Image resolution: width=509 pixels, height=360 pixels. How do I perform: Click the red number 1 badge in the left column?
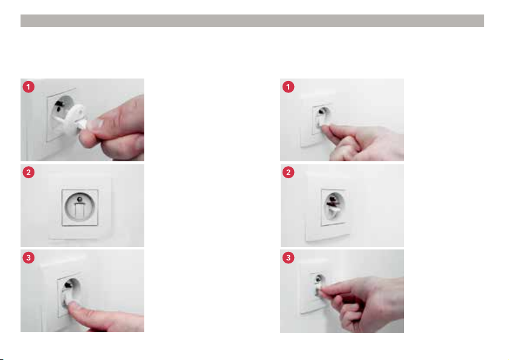28,86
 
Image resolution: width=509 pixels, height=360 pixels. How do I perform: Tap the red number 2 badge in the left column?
28,172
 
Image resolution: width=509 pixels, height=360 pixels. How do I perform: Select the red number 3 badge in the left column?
28,257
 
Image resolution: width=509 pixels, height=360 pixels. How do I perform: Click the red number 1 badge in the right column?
288,86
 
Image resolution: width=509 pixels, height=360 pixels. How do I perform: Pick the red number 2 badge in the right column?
288,172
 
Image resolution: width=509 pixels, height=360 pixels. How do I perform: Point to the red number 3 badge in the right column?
288,257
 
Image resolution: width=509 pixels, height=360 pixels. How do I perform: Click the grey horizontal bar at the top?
252,21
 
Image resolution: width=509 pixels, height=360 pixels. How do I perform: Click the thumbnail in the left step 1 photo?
97,123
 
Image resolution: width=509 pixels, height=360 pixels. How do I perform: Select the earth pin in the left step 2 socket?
80,199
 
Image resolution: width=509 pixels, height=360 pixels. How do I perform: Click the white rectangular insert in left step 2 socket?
80,211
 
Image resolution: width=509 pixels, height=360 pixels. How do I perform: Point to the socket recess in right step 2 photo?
333,205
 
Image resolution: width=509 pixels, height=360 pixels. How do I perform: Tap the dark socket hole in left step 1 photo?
59,106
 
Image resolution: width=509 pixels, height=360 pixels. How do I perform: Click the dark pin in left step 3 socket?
68,284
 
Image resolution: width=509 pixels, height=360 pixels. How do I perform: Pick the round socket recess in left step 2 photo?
80,207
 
